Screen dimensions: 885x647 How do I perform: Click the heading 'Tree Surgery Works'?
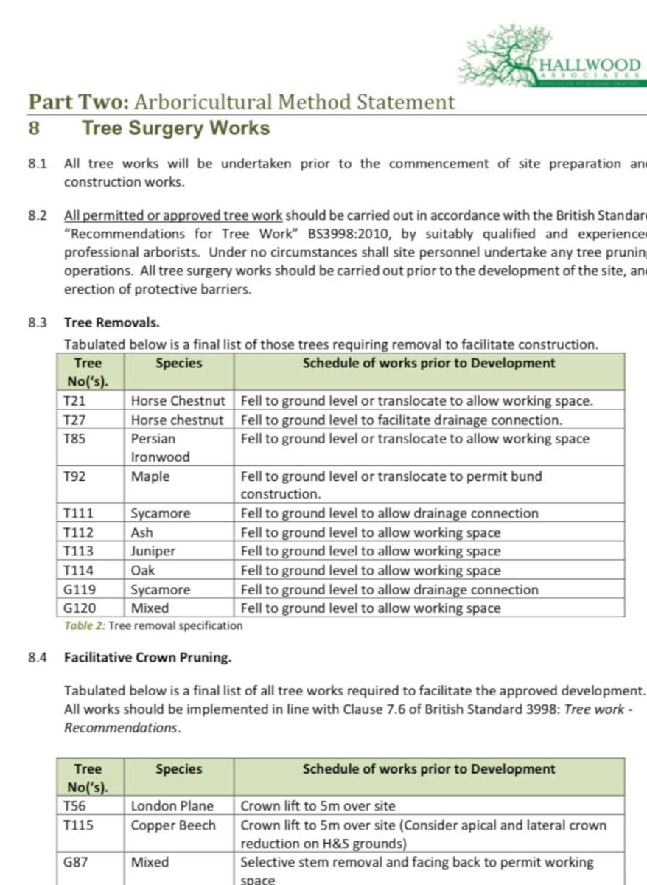[176, 128]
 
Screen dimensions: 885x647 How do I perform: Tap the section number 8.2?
[38, 216]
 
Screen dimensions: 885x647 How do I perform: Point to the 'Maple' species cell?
[150, 476]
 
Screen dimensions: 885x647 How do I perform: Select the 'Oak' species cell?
[143, 571]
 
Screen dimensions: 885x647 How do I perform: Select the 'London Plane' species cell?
[172, 806]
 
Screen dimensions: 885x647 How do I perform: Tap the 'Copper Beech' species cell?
[173, 825]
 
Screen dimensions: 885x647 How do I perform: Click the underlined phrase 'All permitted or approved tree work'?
[173, 216]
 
